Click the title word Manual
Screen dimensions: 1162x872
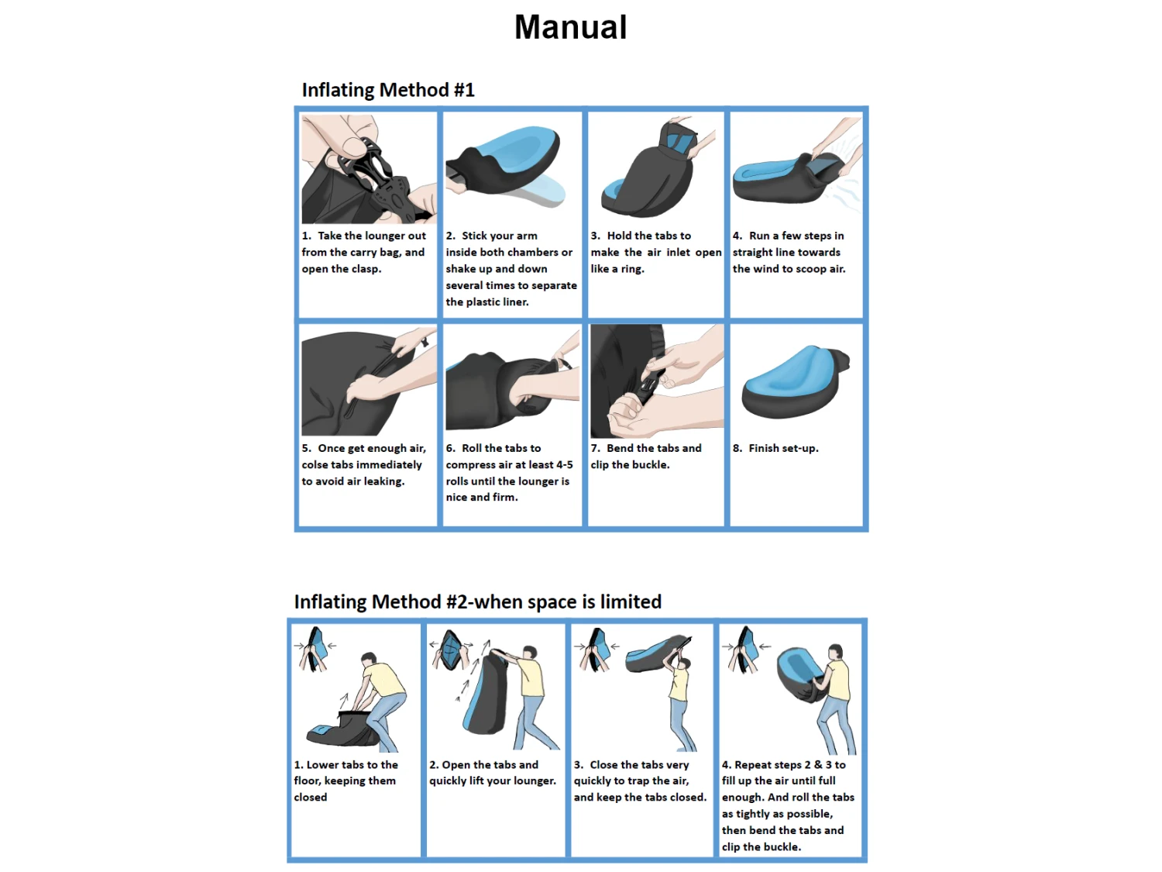tap(571, 27)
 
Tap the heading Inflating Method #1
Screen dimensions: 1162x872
tap(388, 90)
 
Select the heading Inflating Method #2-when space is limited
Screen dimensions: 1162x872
tap(477, 602)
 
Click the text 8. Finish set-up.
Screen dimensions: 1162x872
tap(775, 449)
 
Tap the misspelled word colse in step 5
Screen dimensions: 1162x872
tap(315, 465)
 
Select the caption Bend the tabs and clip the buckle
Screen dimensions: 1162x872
tap(646, 457)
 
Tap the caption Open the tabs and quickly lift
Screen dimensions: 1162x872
tap(493, 773)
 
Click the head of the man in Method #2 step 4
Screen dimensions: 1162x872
tap(835, 652)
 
